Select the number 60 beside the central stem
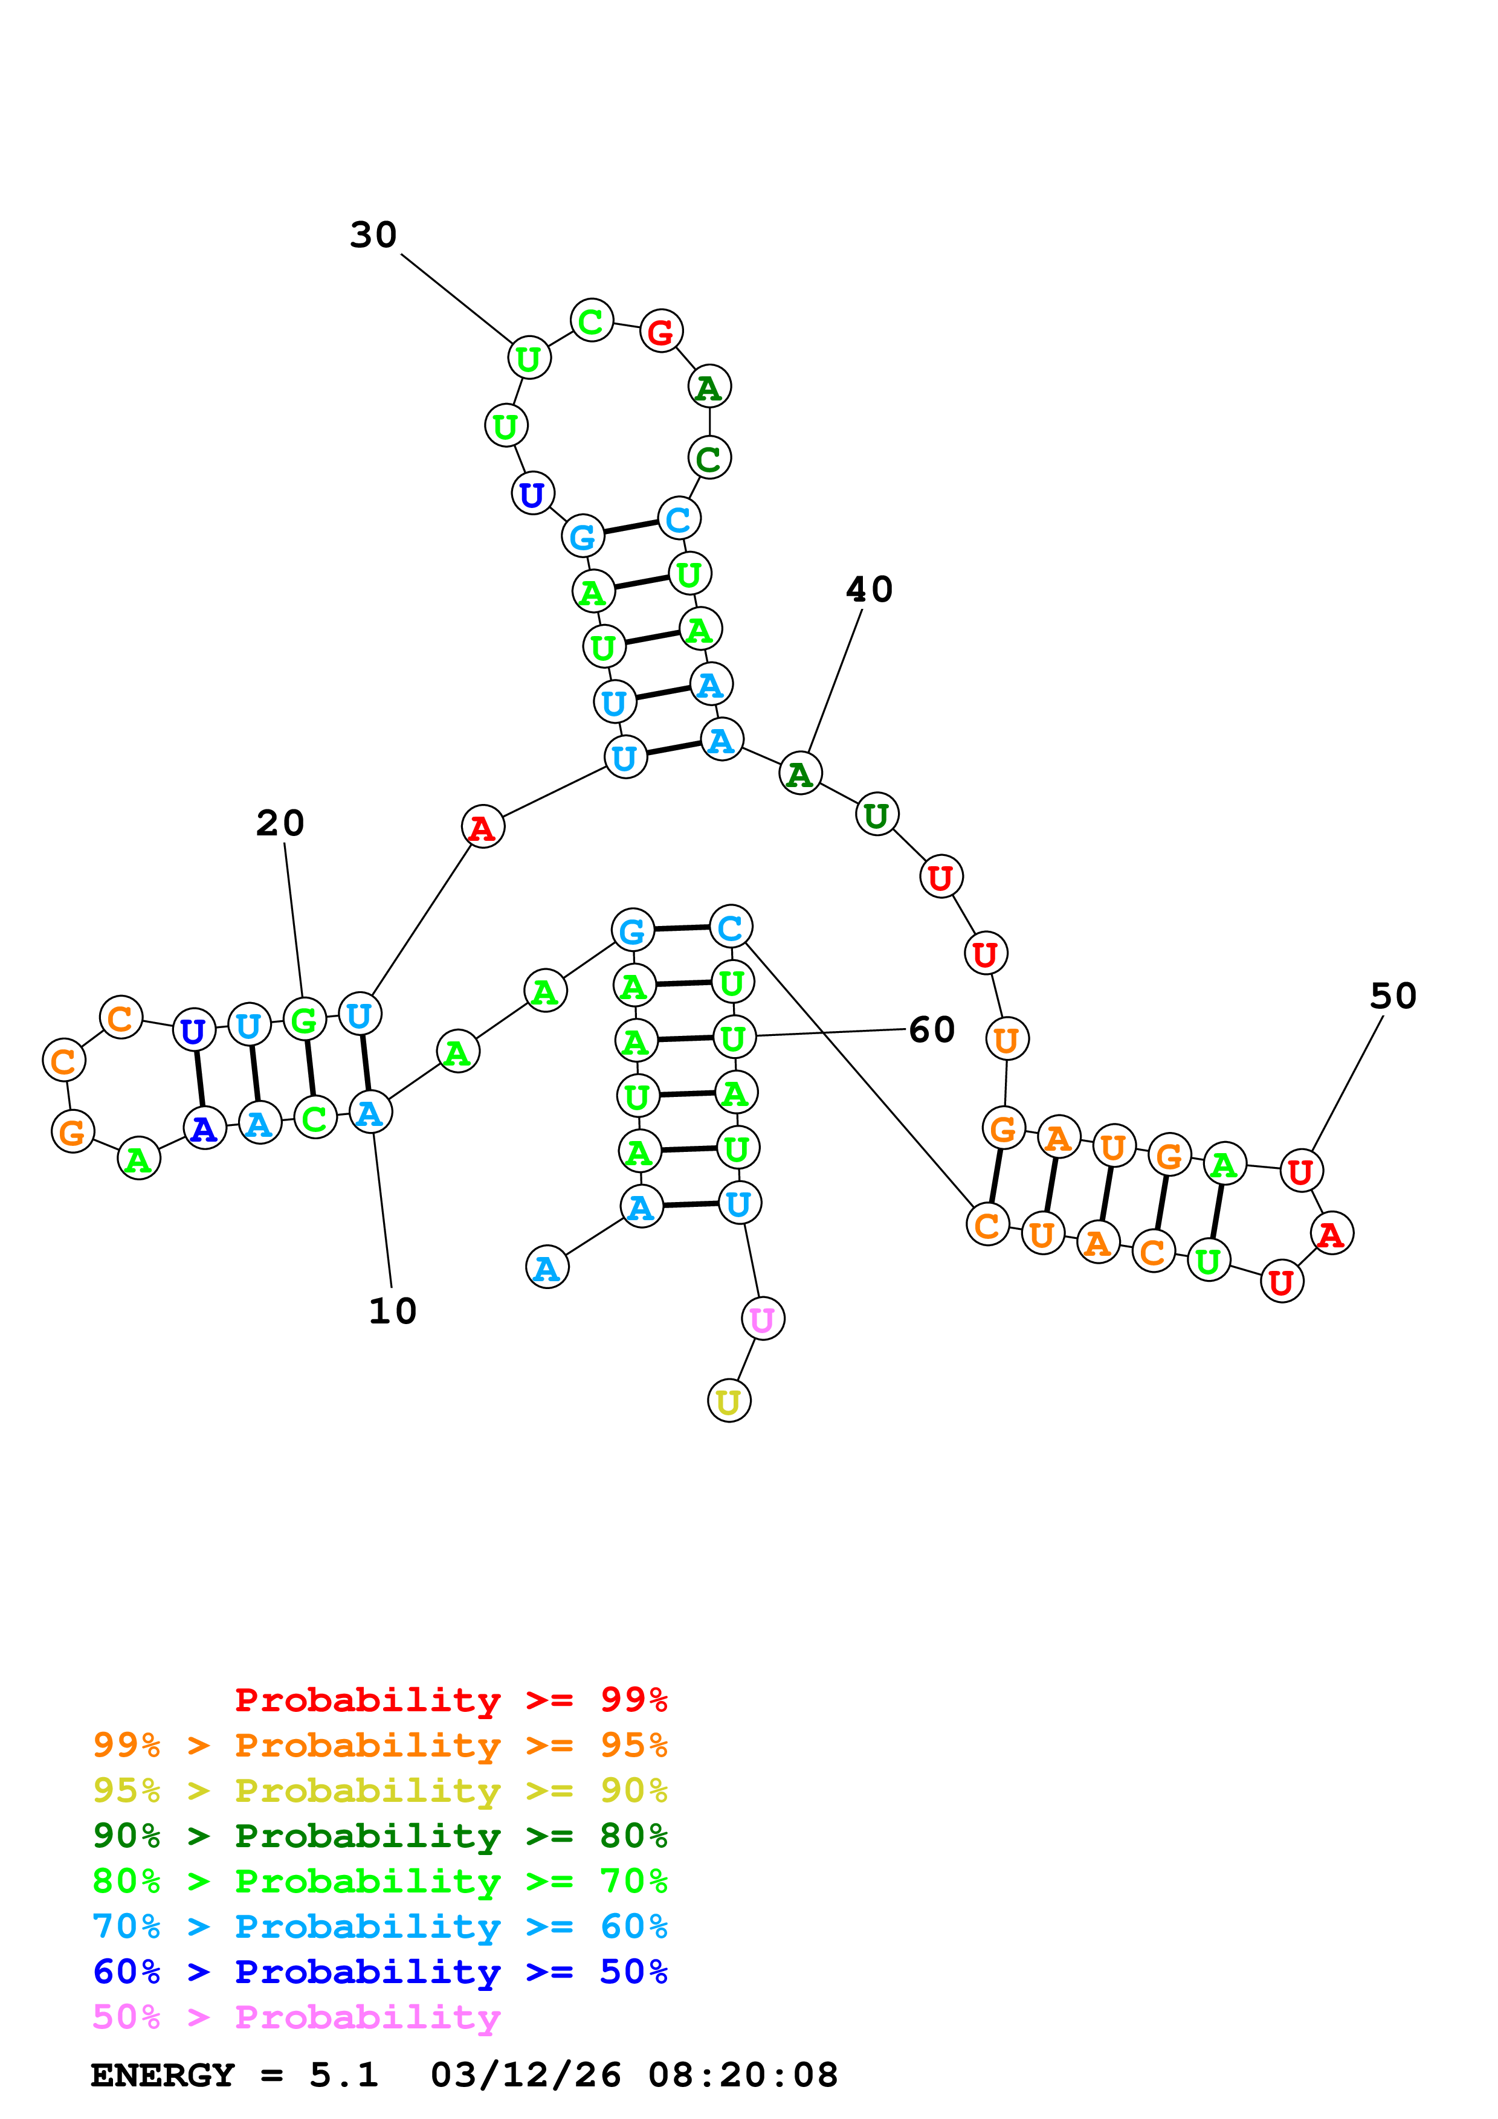tap(931, 1030)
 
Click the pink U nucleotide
tap(763, 1319)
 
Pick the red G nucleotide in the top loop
tap(661, 332)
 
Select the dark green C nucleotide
tap(709, 458)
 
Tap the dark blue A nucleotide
tap(204, 1128)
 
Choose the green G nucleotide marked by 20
tap(304, 1020)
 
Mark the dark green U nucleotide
tap(876, 815)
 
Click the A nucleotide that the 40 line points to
tap(799, 773)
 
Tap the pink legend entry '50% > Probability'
tap(296, 2018)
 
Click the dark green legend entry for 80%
tap(379, 1836)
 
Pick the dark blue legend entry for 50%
tap(379, 1972)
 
